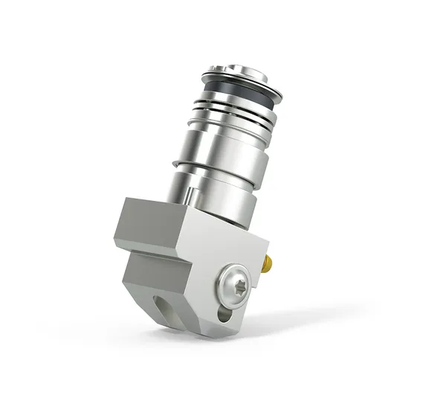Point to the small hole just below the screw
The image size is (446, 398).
pyautogui.click(x=224, y=315)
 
